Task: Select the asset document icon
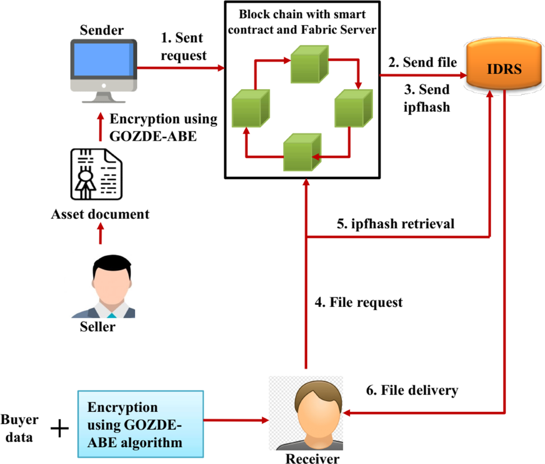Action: pyautogui.click(x=96, y=174)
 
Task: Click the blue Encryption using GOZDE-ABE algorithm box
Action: pyautogui.click(x=140, y=424)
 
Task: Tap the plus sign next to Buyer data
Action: pyautogui.click(x=59, y=428)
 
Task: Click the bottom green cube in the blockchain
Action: pyautogui.click(x=302, y=152)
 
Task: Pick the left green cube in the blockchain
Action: pyautogui.click(x=250, y=108)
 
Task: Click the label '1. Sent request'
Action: pyautogui.click(x=183, y=46)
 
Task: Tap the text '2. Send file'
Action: pyautogui.click(x=422, y=62)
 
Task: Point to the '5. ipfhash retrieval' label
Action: pyautogui.click(x=395, y=223)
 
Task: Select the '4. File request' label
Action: pyautogui.click(x=359, y=302)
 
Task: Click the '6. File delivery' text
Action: pyautogui.click(x=412, y=390)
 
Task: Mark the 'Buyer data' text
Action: pyautogui.click(x=19, y=428)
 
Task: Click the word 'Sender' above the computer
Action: pyautogui.click(x=102, y=30)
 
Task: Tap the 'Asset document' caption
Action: pyautogui.click(x=100, y=214)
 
